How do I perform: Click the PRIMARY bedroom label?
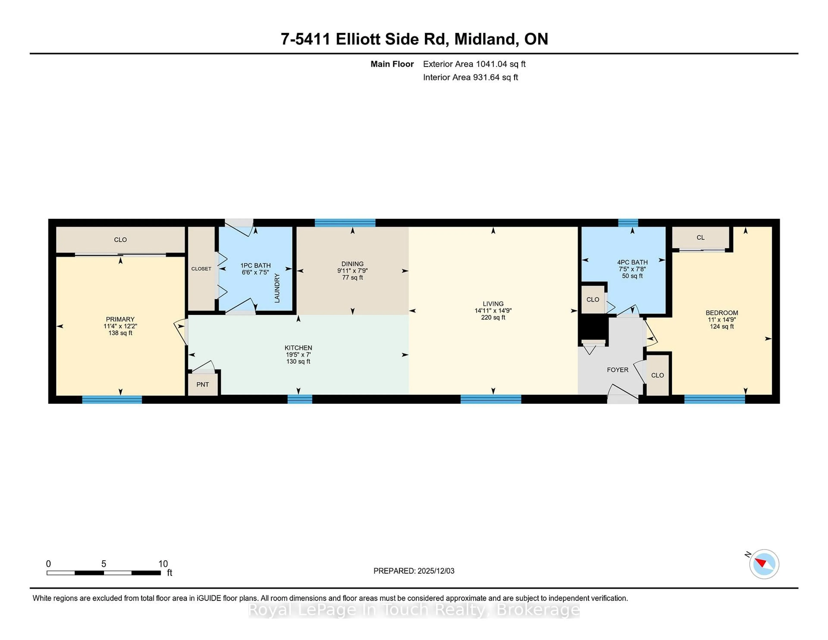[120, 319]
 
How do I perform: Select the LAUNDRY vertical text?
[277, 288]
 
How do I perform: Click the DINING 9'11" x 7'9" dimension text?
[352, 271]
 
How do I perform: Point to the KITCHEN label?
[298, 348]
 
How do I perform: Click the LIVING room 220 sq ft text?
[493, 317]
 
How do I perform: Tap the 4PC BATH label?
[632, 262]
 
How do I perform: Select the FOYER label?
[617, 370]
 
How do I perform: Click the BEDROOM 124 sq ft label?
[721, 326]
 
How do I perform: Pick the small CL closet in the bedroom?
[700, 238]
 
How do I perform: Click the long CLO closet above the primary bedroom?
[120, 240]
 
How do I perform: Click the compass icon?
[764, 564]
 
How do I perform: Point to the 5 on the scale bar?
[103, 564]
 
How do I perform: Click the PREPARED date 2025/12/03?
[435, 571]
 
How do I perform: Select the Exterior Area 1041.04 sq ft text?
[474, 64]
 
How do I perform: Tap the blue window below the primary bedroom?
[112, 399]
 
